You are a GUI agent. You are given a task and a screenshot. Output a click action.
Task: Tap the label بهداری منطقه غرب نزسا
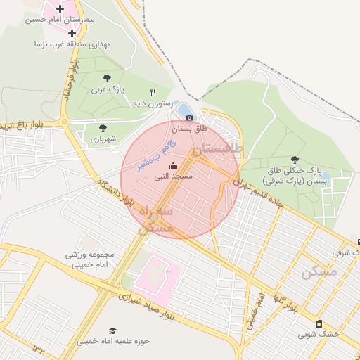(76, 44)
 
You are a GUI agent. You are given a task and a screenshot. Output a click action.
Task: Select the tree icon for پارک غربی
(107, 78)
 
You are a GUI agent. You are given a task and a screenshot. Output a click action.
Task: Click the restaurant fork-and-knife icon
(153, 92)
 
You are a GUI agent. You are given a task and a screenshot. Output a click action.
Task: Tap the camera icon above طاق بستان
(189, 117)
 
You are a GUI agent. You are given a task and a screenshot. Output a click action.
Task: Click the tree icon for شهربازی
(103, 128)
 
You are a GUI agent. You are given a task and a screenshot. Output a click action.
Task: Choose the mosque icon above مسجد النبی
(174, 166)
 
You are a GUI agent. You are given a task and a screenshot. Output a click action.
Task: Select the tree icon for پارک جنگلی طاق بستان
(294, 160)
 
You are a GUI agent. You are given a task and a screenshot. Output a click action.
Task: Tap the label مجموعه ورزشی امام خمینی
(94, 258)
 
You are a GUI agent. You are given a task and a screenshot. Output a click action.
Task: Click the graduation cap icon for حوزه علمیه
(112, 330)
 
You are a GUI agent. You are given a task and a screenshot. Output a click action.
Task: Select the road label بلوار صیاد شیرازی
(184, 309)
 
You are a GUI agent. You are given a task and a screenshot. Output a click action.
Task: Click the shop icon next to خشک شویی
(320, 323)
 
